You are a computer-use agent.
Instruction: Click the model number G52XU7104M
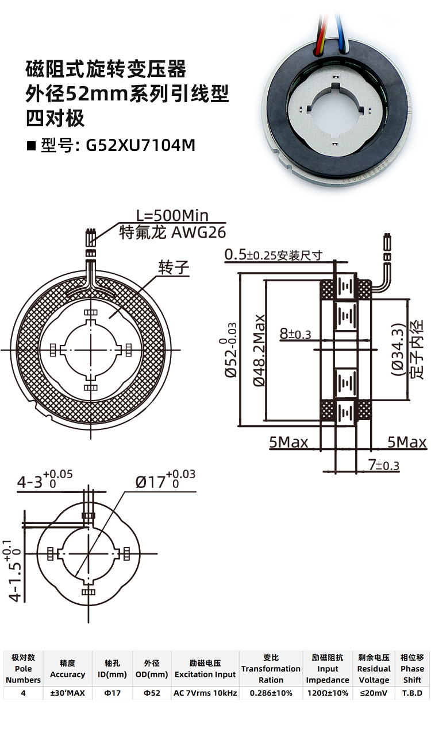click(x=141, y=145)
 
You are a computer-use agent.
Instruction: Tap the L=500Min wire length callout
click(x=172, y=216)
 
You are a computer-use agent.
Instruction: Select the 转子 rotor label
click(x=174, y=267)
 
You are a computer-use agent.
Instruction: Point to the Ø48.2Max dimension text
click(x=259, y=350)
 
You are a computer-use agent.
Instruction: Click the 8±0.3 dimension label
click(x=295, y=333)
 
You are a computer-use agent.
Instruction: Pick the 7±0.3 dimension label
click(x=384, y=466)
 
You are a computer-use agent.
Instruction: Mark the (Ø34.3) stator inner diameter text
click(x=397, y=350)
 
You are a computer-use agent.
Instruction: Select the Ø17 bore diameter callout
click(x=165, y=480)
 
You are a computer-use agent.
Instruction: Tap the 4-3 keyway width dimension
click(x=45, y=480)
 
